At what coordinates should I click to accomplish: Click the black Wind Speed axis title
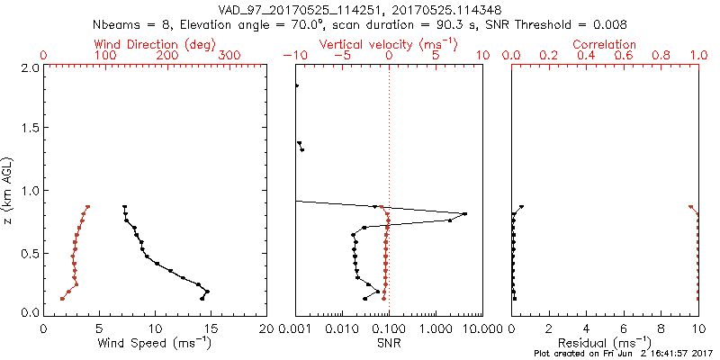pyautogui.click(x=155, y=343)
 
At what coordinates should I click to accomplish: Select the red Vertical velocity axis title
pyautogui.click(x=388, y=44)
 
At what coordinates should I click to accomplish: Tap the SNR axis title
pyautogui.click(x=388, y=343)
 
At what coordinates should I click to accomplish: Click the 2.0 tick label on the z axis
pyautogui.click(x=29, y=67)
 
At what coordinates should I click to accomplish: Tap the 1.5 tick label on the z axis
pyautogui.click(x=29, y=129)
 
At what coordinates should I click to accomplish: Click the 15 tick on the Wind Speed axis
pyautogui.click(x=211, y=328)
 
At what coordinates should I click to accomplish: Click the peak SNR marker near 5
pyautogui.click(x=464, y=213)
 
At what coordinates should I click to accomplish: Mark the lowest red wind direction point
pyautogui.click(x=62, y=299)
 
